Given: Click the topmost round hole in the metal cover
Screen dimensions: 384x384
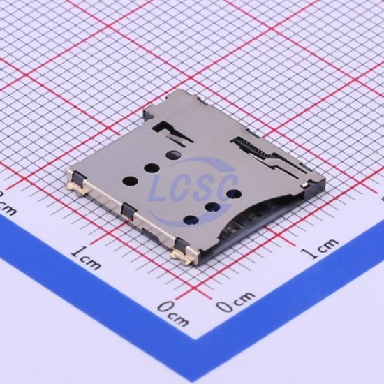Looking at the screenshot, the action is click(173, 154).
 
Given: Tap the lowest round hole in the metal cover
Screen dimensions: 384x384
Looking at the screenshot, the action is click(191, 220).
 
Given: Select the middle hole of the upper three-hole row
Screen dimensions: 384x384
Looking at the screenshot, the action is click(152, 168).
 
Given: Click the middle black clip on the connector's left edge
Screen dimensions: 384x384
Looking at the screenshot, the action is click(128, 210).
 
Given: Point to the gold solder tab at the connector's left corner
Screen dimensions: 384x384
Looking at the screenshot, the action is click(75, 189).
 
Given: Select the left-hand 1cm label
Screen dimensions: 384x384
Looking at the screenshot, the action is click(86, 258).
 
